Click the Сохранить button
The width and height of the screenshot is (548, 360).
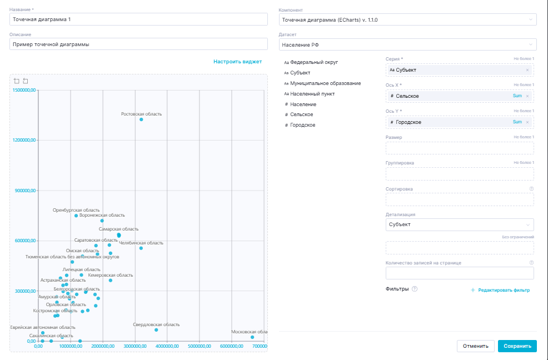517,346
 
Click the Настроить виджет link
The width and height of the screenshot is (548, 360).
237,62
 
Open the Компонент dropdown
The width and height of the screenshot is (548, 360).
407,19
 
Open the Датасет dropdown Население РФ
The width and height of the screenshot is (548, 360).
407,44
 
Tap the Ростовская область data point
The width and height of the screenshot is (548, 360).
141,119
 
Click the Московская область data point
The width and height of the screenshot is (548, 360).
252,337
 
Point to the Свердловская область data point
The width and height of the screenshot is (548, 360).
156,330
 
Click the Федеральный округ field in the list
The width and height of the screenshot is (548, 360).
314,63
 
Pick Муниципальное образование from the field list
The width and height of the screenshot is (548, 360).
325,83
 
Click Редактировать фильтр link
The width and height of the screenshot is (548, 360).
500,290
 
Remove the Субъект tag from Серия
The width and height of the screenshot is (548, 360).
527,70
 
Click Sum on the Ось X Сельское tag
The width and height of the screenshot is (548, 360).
517,96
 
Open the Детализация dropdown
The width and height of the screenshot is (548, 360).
459,225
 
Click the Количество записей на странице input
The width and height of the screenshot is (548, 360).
459,273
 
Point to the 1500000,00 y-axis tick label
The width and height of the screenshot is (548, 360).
24,90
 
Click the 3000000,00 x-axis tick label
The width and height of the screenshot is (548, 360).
134,346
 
